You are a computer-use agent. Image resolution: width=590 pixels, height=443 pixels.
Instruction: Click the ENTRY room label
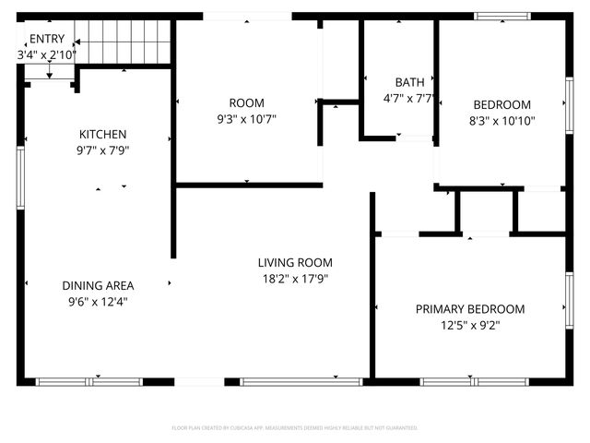coord(46,39)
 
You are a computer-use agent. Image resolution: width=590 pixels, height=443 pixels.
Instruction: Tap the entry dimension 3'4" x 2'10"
coord(46,55)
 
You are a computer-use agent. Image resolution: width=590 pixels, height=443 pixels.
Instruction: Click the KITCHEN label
coord(102,135)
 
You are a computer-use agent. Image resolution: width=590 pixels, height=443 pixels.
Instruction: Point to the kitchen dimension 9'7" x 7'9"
coord(102,151)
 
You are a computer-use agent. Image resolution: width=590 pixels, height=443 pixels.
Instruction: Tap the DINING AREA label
coord(96,285)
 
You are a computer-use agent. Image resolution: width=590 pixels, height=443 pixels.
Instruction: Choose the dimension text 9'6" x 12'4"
coord(96,301)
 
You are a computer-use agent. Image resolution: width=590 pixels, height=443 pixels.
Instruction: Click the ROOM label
coord(246,102)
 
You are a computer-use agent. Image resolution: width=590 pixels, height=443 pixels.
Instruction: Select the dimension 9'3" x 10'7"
coord(246,119)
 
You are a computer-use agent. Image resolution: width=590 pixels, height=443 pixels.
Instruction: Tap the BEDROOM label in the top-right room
coord(501,104)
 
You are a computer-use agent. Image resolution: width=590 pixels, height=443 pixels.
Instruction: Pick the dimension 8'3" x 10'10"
coord(501,120)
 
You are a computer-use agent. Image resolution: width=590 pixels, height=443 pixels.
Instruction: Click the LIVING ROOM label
coord(295,262)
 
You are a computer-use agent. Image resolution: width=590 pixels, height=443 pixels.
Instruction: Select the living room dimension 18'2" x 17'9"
coord(295,279)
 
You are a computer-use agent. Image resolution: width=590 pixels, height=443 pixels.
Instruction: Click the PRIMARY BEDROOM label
coord(469,309)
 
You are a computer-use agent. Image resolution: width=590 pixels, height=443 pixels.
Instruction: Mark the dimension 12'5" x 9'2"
coord(469,325)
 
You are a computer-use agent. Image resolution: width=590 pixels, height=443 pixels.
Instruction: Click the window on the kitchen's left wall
coord(20,175)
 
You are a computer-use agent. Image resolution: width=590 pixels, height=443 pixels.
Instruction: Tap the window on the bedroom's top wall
coord(501,16)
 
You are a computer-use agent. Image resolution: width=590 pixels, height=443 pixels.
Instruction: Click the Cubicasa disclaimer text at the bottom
coord(295,428)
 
